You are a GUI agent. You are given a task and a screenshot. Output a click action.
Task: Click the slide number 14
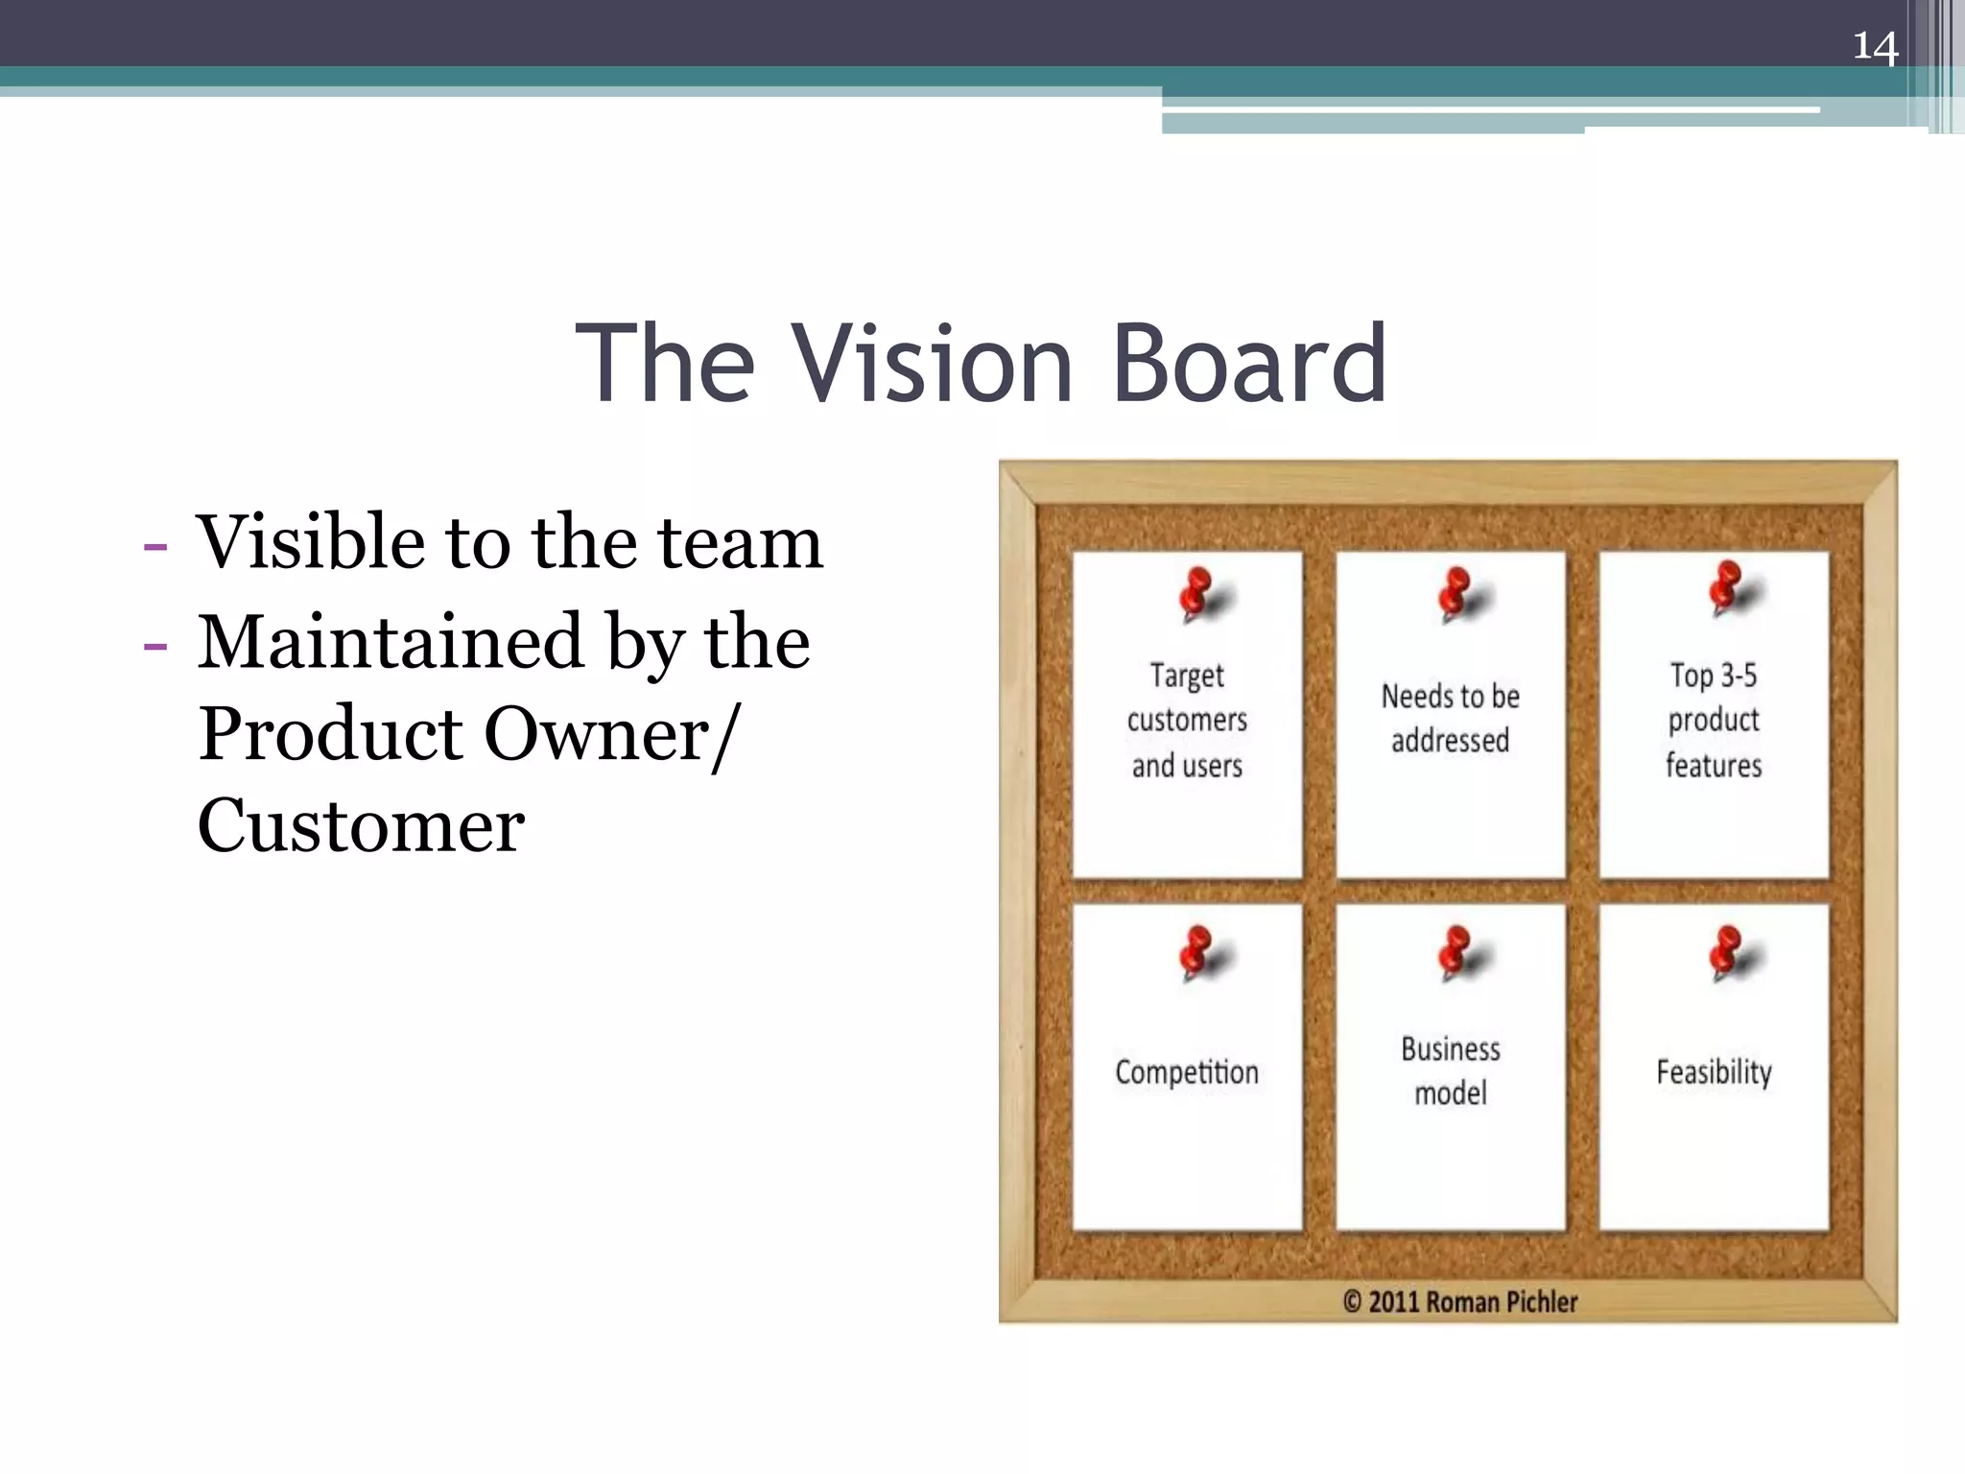click(1875, 46)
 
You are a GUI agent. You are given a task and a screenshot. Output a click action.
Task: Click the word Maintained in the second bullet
click(391, 642)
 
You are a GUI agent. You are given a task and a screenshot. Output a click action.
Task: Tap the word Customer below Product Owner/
click(361, 825)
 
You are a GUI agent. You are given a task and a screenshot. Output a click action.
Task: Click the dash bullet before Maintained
click(154, 645)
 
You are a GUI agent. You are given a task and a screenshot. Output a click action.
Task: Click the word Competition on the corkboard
click(1187, 1072)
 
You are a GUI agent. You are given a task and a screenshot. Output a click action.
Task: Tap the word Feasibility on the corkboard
click(1714, 1072)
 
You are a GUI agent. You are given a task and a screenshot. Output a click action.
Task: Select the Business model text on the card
click(1451, 1070)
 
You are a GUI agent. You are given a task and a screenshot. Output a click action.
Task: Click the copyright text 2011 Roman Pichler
click(1460, 1302)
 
